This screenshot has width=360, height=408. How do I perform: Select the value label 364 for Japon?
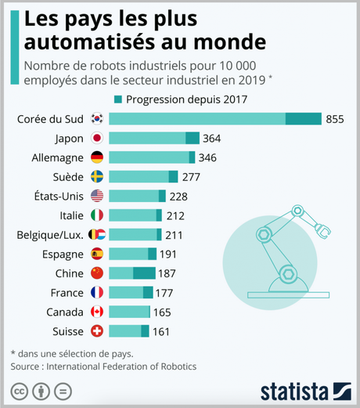click(x=211, y=139)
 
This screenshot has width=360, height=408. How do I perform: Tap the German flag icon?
click(x=97, y=157)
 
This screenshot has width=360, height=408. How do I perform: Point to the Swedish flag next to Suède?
click(x=97, y=177)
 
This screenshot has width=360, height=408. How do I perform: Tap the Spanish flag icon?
click(x=97, y=254)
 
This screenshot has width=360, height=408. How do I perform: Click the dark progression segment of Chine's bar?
click(x=144, y=273)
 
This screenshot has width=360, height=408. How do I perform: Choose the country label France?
click(x=66, y=292)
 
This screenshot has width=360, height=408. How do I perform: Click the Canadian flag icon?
click(x=97, y=312)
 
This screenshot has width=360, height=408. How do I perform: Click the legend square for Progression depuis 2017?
click(x=118, y=99)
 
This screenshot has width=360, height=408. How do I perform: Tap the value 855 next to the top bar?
click(x=335, y=119)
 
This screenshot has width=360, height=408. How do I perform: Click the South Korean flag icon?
click(x=97, y=119)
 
